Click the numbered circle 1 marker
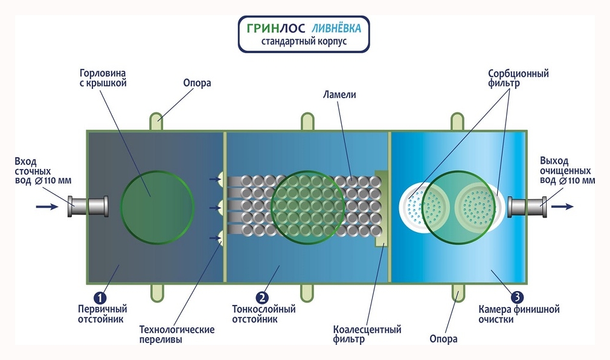(100, 297)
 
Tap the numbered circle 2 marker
(262, 297)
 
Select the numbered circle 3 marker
(517, 297)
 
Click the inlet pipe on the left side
(88, 206)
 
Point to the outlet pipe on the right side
(527, 207)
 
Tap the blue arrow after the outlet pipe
(563, 207)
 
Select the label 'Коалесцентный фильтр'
(367, 335)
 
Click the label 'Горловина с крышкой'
(103, 79)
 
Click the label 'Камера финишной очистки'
(519, 314)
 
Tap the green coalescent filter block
(381, 208)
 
